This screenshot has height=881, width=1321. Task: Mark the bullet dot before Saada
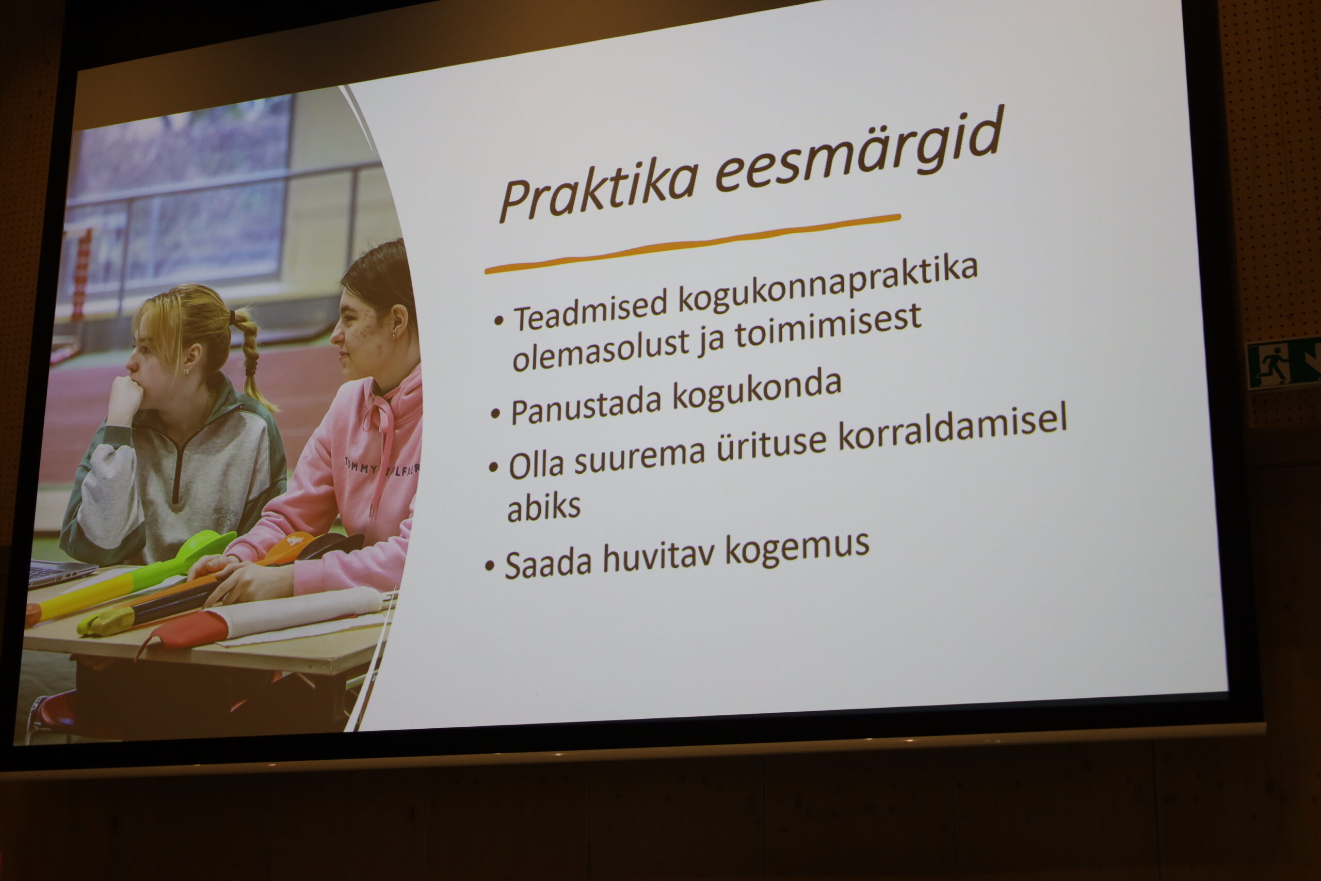tap(490, 566)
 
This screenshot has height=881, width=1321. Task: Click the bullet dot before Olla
tap(494, 467)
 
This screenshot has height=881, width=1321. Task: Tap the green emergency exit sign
tap(1283, 363)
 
